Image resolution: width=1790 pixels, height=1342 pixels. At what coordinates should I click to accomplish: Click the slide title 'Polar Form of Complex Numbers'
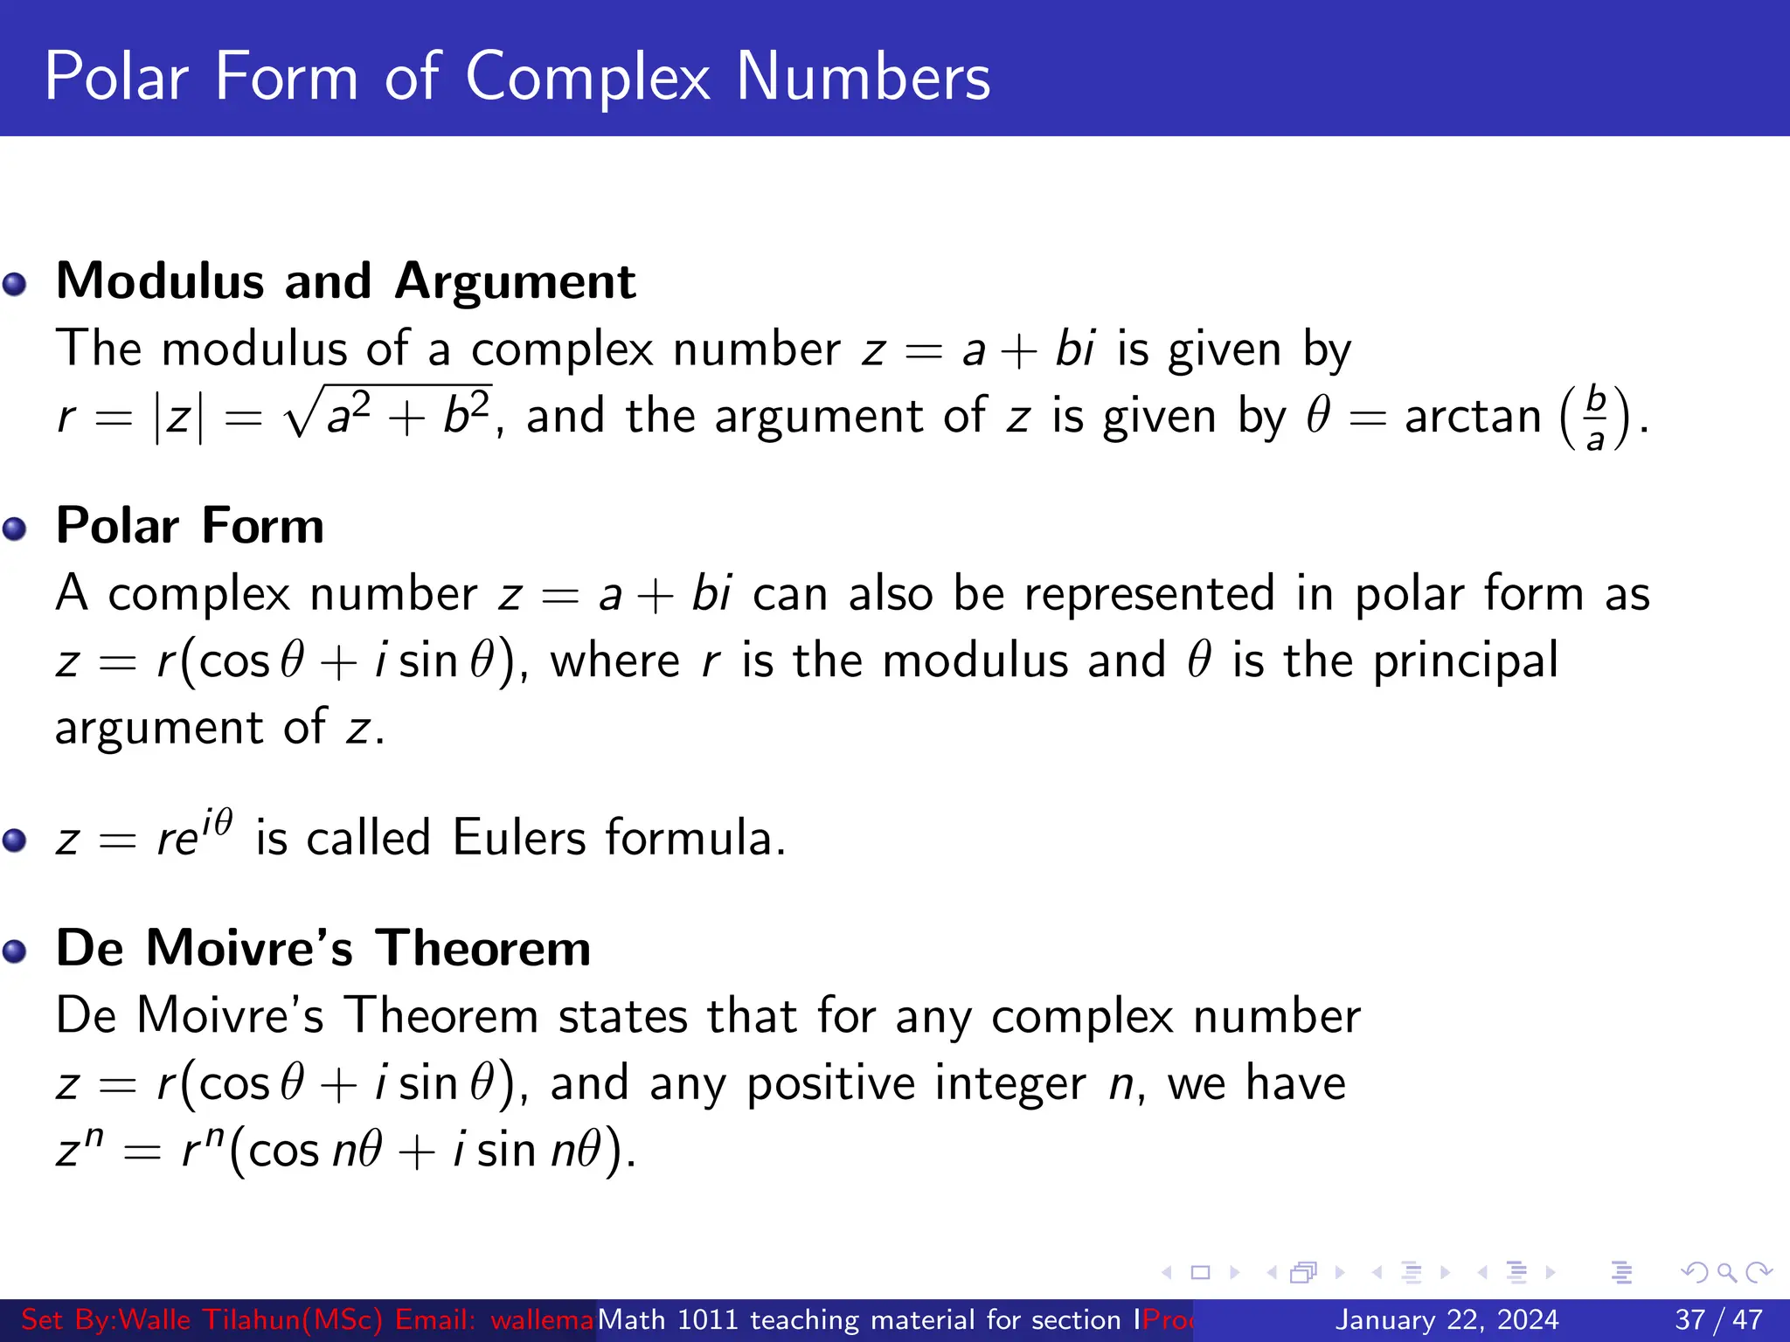click(x=517, y=77)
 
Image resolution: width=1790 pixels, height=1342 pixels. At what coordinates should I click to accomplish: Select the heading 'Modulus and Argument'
click(x=345, y=281)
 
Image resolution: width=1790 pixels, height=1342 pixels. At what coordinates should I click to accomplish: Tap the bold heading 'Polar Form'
click(x=190, y=526)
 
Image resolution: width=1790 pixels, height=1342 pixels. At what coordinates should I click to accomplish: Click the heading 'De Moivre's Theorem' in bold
click(x=323, y=948)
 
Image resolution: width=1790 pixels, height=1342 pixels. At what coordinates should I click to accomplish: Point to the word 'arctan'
click(x=1473, y=416)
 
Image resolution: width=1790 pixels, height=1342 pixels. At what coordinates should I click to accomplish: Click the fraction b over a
click(x=1596, y=418)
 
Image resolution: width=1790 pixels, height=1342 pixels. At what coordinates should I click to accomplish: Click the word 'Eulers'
click(x=519, y=838)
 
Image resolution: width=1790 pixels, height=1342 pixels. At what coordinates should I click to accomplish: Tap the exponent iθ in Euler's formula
click(x=217, y=823)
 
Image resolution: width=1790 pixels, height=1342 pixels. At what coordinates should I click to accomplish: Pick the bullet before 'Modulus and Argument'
click(x=15, y=284)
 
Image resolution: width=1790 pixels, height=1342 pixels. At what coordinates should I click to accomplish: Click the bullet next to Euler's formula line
click(x=15, y=840)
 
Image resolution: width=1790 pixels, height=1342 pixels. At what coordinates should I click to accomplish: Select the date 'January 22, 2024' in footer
click(x=1447, y=1319)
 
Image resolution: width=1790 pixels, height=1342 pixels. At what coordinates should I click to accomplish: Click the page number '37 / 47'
click(x=1718, y=1319)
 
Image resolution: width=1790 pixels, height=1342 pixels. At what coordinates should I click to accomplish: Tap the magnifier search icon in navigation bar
click(x=1726, y=1272)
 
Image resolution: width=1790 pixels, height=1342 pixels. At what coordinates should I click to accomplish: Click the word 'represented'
click(x=1149, y=594)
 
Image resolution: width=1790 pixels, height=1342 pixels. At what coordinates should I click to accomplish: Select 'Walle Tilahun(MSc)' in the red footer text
click(x=250, y=1319)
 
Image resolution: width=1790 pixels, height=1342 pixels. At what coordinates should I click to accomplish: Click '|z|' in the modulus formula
click(x=178, y=418)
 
